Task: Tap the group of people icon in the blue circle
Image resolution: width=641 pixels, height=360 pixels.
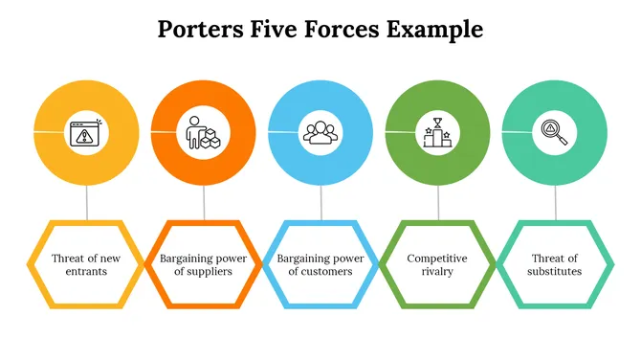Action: coord(320,132)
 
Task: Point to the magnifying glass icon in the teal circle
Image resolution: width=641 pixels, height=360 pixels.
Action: coord(555,132)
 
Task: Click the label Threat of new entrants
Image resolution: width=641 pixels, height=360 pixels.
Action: coord(86,264)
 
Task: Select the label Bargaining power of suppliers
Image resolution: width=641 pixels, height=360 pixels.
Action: coord(203,264)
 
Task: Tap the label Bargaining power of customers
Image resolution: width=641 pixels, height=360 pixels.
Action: coord(320,264)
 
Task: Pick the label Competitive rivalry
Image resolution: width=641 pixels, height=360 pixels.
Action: coord(437,264)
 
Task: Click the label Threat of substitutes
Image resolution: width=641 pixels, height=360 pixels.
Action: coord(555,264)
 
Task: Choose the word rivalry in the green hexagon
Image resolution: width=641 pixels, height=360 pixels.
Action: coord(437,271)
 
